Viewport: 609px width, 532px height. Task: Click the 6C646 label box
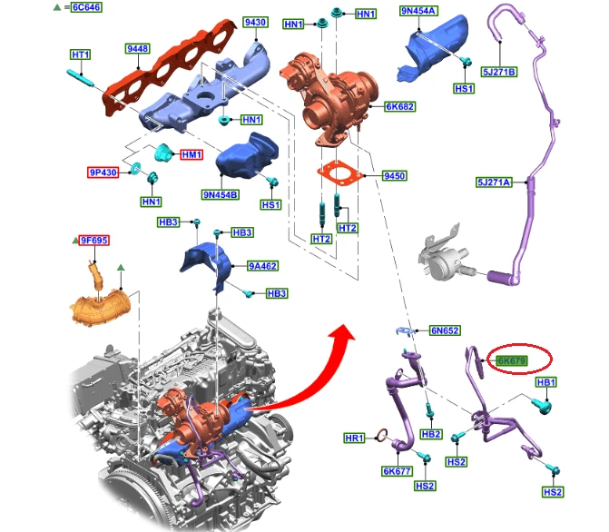click(x=86, y=7)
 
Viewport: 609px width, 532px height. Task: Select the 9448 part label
click(x=138, y=49)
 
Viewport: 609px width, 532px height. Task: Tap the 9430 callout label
click(x=256, y=22)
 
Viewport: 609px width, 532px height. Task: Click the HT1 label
click(x=81, y=54)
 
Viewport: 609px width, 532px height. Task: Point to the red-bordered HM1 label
click(x=192, y=154)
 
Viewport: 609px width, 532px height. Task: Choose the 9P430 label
click(x=103, y=172)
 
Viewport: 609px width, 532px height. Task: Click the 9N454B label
click(x=221, y=194)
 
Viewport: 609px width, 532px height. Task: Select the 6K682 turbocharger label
click(x=400, y=106)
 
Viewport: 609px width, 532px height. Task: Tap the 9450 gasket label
click(x=394, y=176)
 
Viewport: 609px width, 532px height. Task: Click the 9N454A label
click(x=418, y=11)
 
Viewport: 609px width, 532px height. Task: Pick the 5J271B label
click(x=499, y=72)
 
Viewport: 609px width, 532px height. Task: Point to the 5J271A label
click(x=494, y=182)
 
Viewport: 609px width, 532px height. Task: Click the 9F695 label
click(x=94, y=241)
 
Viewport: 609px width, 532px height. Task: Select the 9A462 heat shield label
click(x=263, y=266)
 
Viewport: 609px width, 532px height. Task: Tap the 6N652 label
click(x=445, y=330)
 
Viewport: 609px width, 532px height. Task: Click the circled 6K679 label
click(x=512, y=361)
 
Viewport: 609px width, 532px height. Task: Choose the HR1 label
click(x=354, y=438)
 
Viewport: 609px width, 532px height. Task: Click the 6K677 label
click(x=397, y=471)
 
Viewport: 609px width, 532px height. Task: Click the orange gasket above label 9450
click(x=339, y=173)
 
